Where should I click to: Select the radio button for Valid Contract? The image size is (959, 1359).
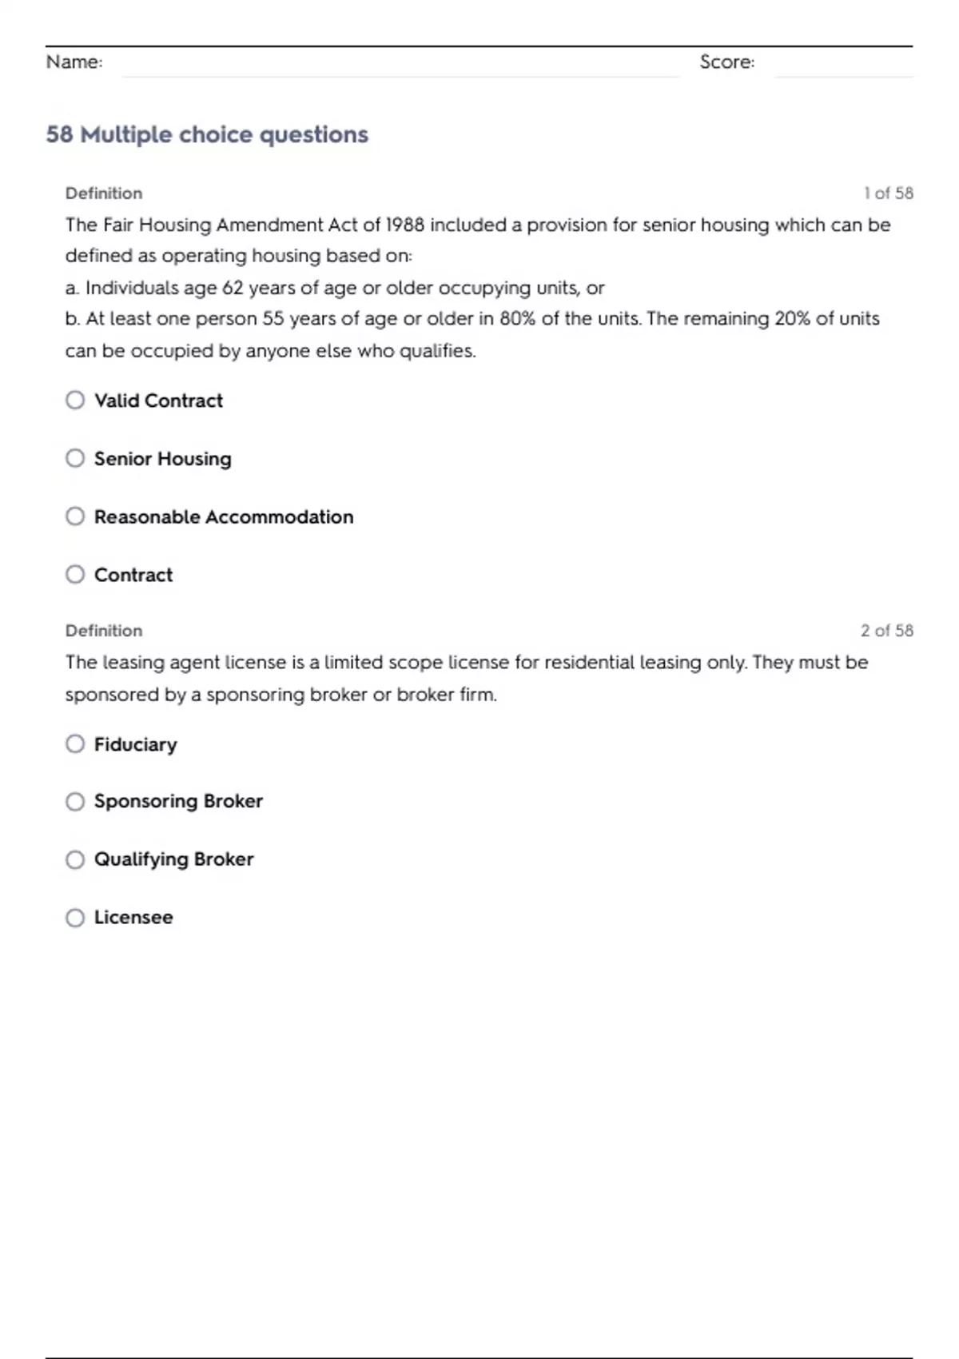point(75,400)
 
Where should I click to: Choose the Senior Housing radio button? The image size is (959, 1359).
point(75,458)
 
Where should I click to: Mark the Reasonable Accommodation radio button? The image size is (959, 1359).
point(75,516)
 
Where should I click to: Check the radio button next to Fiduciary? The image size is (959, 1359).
point(75,744)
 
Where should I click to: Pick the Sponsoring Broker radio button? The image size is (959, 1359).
point(75,802)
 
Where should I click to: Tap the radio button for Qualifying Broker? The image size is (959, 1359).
point(75,859)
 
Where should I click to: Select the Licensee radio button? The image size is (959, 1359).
point(75,918)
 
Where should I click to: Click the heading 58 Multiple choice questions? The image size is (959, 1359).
point(207,134)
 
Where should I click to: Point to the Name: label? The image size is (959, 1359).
point(74,62)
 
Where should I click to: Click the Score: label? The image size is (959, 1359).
point(726,62)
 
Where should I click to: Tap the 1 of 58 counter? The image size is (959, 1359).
point(888,193)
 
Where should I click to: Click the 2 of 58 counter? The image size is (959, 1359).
point(886,631)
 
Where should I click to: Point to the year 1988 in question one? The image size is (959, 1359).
point(404,225)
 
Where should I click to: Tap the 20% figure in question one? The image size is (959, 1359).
point(792,319)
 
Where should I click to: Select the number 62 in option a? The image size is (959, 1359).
point(233,288)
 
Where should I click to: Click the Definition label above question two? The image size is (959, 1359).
point(104,631)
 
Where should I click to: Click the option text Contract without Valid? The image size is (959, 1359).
point(133,575)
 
